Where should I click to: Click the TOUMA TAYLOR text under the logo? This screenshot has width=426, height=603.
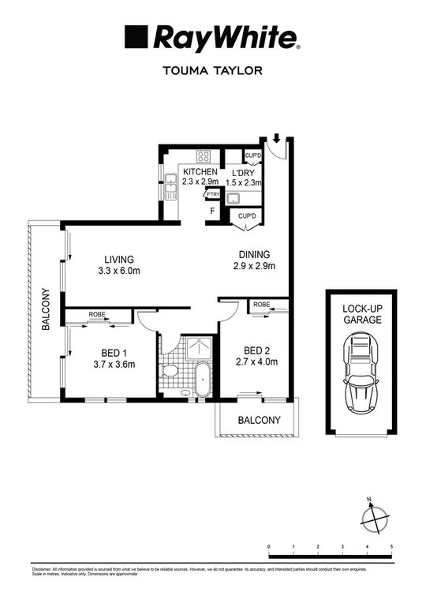coord(211,69)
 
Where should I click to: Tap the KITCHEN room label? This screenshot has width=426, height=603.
coord(200,171)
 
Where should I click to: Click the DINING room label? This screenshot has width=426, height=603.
coord(255,254)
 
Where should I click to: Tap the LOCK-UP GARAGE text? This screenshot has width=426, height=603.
coord(362,314)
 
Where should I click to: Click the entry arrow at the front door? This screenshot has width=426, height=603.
coord(275,140)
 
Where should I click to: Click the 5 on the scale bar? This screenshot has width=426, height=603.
coord(391,546)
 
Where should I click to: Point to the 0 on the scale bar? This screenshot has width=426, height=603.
coord(269,546)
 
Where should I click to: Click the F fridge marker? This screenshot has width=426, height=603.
coord(211,212)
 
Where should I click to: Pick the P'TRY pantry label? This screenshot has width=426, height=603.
coord(211,193)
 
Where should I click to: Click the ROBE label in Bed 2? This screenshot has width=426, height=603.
coord(262,304)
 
